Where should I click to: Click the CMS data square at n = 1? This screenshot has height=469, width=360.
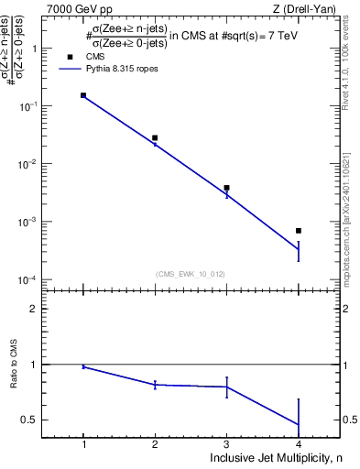pos(83,95)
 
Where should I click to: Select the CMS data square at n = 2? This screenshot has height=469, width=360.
pos(155,137)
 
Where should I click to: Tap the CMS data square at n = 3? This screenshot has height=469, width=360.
pos(226,188)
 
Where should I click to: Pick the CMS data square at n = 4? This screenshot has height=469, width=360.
pos(299,231)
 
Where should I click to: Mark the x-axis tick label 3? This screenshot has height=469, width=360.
pos(226,444)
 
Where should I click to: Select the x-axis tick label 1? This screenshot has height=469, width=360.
pos(83,444)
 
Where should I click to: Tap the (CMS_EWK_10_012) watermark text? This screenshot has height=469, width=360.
pos(191,274)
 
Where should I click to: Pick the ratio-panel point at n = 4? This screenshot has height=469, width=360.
pos(299,424)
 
